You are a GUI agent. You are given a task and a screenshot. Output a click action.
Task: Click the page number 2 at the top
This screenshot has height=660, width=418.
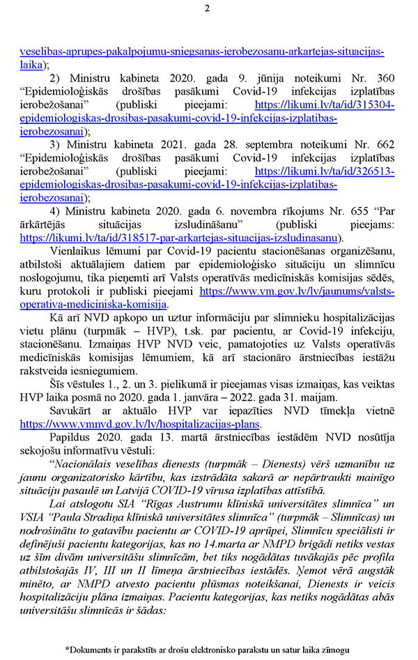(x=208, y=9)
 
